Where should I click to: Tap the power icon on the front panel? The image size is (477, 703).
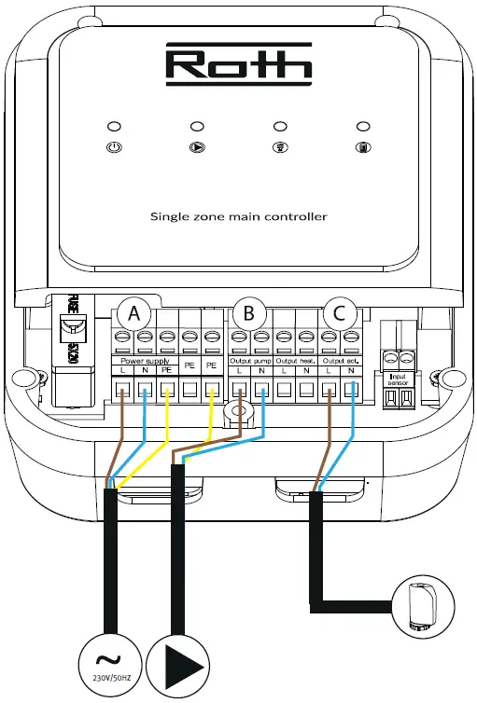coord(113,146)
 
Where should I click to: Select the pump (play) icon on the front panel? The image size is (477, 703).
coord(196,146)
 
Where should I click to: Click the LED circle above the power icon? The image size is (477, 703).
coord(113,126)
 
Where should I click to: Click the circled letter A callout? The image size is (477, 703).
coord(134,314)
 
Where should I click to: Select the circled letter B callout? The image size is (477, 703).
coord(248,314)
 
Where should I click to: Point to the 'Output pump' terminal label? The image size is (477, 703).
coord(249,359)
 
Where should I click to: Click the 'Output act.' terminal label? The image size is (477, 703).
coord(340,359)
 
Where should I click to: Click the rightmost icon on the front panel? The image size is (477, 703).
coord(361,146)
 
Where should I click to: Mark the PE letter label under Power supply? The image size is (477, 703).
coord(166,371)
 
